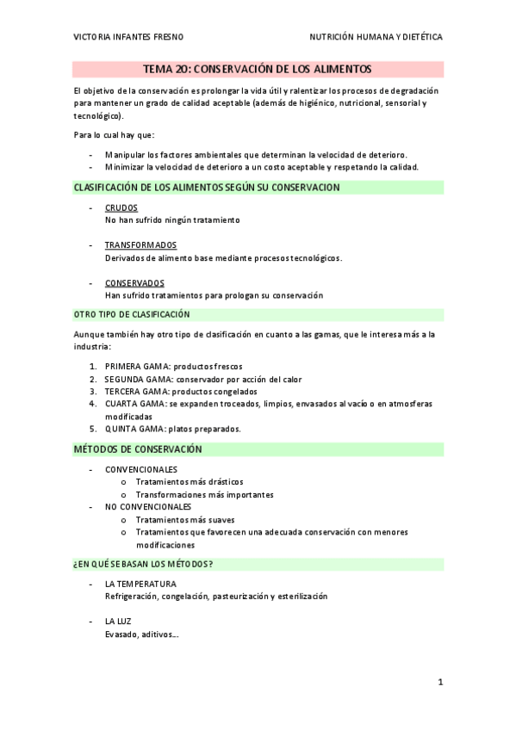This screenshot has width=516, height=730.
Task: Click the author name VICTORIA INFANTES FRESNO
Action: (128, 38)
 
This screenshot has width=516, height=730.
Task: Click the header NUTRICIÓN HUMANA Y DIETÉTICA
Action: (376, 38)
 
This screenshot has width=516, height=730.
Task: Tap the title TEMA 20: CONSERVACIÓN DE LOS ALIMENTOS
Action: (258, 69)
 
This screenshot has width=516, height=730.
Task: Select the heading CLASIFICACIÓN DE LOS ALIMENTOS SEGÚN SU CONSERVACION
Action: (207, 187)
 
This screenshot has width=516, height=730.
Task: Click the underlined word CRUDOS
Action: (121, 208)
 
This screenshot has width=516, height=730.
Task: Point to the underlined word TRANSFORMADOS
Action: (140, 245)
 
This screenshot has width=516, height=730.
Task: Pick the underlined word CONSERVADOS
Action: (134, 283)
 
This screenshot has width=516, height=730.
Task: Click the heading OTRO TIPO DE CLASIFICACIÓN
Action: (132, 315)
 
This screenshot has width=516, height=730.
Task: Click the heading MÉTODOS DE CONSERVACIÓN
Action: (138, 449)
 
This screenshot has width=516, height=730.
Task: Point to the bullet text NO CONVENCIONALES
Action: (147, 507)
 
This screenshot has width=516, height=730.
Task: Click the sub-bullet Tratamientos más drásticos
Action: (189, 482)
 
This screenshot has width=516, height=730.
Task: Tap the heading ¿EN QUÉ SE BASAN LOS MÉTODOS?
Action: (144, 564)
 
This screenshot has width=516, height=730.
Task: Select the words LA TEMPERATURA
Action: (140, 584)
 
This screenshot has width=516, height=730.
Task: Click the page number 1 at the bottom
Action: (439, 683)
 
